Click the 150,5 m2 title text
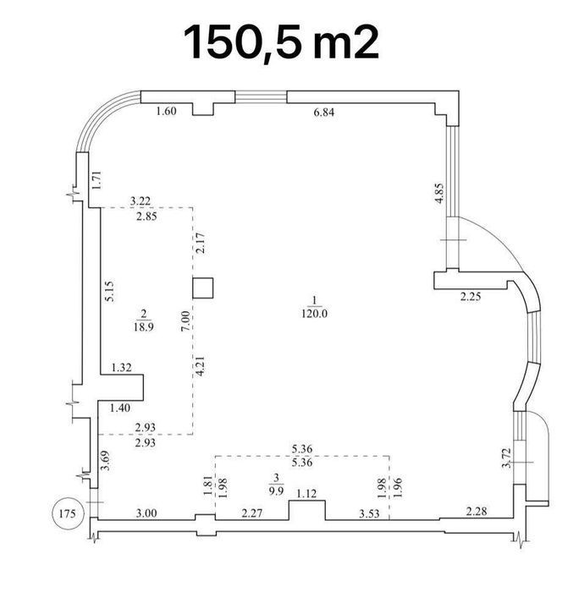(281, 42)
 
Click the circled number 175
(68, 513)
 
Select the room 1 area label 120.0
(314, 314)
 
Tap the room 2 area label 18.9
(143, 326)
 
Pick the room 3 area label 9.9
(276, 491)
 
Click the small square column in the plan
(203, 288)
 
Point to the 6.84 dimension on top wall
(324, 112)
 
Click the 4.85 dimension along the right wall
(439, 194)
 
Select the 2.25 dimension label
(471, 297)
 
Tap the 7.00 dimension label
(185, 321)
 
